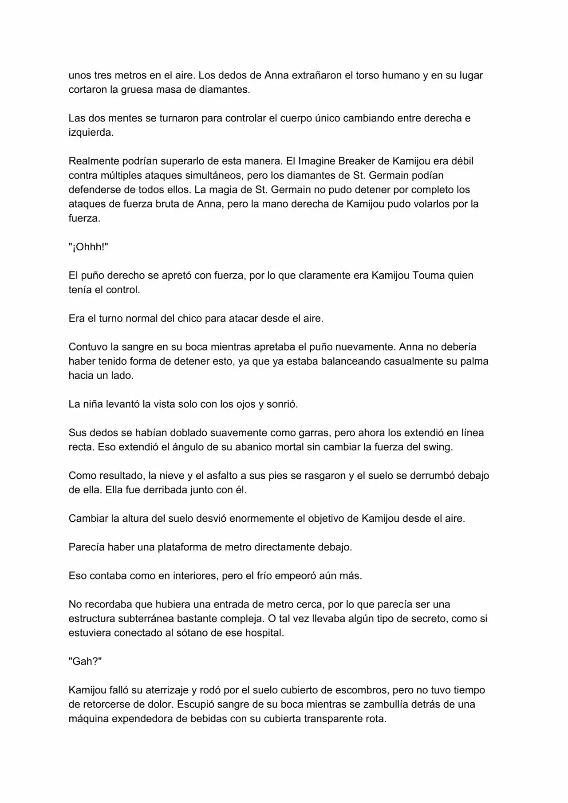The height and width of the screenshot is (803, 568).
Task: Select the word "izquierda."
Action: pyautogui.click(x=91, y=133)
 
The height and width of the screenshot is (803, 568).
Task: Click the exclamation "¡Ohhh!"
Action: pyautogui.click(x=88, y=247)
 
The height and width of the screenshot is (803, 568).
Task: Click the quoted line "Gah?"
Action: pyautogui.click(x=85, y=661)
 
